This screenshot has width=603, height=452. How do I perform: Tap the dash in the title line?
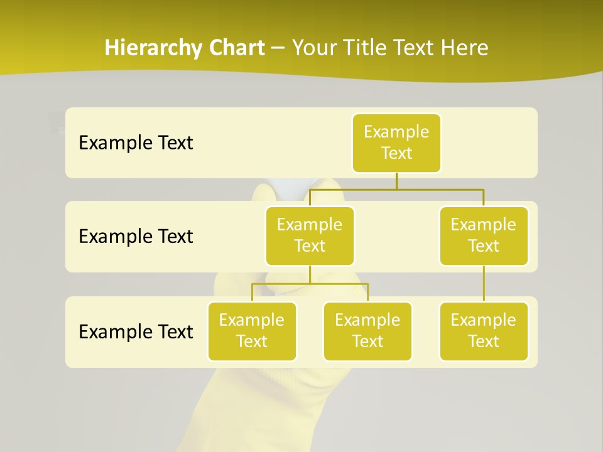[278, 48]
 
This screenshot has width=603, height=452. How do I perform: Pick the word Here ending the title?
[464, 48]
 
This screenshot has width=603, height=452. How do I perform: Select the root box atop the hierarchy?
[396, 143]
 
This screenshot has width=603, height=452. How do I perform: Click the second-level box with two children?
[310, 236]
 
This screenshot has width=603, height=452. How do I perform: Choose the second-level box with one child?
[484, 236]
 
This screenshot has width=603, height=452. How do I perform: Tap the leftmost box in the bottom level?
[252, 331]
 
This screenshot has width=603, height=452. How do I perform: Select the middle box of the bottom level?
[367, 331]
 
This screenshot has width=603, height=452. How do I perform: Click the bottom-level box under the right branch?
[484, 331]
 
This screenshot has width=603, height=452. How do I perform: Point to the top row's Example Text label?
[136, 143]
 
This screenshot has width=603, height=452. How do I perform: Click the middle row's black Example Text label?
[136, 237]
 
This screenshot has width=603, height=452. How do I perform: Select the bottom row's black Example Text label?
[136, 331]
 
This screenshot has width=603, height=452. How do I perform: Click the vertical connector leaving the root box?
[396, 181]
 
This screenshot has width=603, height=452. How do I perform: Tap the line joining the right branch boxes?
[484, 284]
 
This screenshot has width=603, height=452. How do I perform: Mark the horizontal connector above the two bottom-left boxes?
[310, 284]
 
